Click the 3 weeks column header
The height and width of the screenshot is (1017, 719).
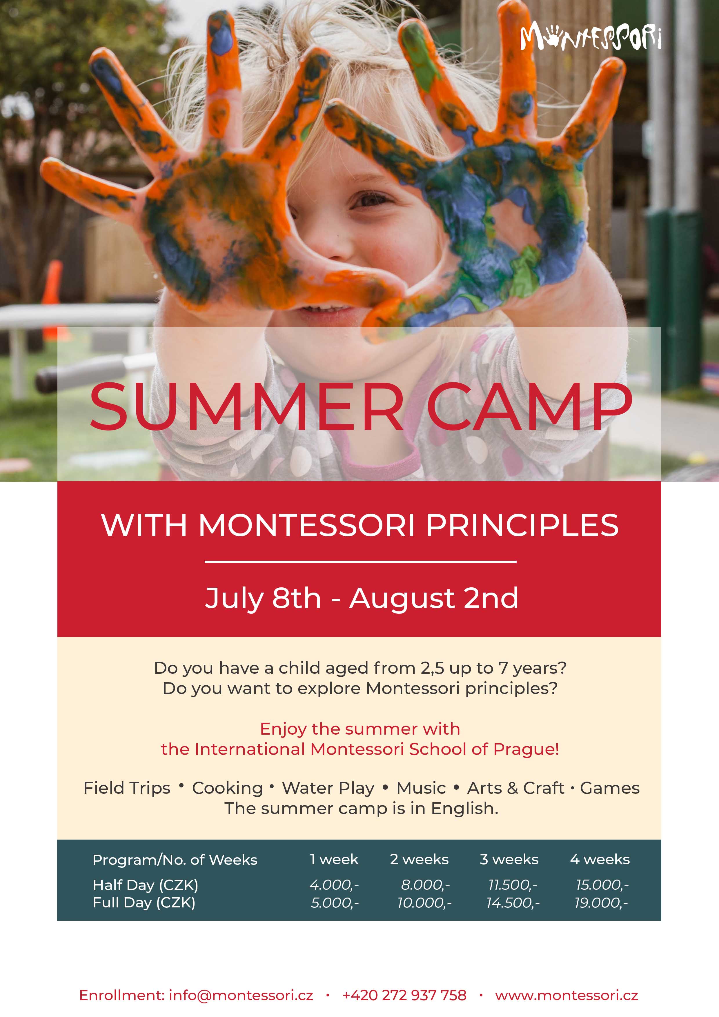(509, 859)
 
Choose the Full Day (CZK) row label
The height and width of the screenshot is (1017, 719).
(144, 903)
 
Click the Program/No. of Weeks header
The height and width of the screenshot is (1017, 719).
(175, 860)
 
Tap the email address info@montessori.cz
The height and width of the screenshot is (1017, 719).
(241, 995)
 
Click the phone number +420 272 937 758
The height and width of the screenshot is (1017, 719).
(404, 995)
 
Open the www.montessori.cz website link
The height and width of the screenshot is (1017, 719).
(566, 995)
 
